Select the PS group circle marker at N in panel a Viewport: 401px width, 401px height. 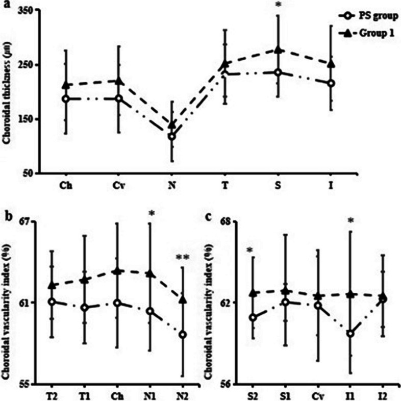172,137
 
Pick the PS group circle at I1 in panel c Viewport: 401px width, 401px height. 350,334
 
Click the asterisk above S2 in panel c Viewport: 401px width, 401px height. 249,250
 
